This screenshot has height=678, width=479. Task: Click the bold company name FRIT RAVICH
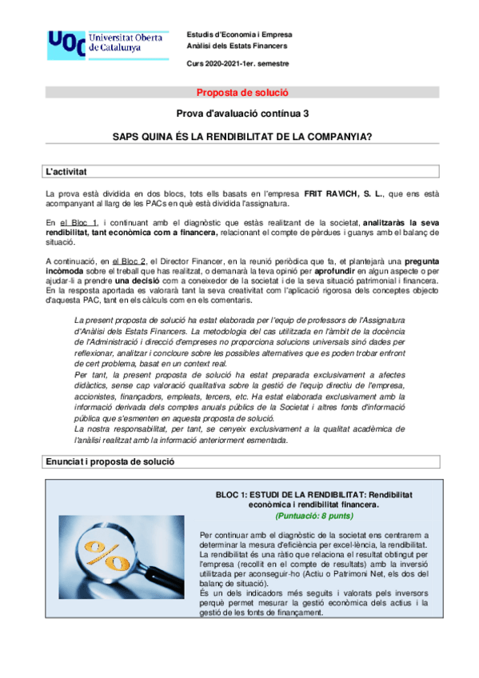[x=334, y=194]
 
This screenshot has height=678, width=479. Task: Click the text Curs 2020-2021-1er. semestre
[x=238, y=63]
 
